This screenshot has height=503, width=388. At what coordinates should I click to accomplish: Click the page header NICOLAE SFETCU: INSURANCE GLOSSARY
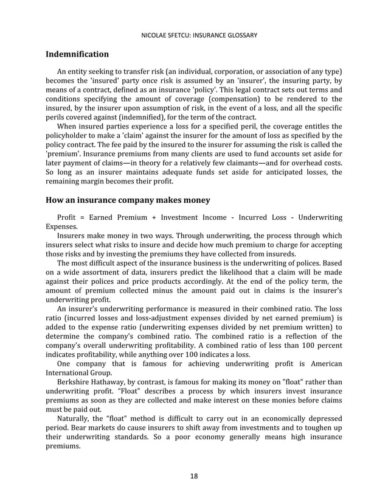194,35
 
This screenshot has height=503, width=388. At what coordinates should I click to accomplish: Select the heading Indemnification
77,54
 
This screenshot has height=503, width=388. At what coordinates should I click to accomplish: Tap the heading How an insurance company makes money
128,200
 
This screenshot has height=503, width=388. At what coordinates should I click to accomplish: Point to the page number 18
194,476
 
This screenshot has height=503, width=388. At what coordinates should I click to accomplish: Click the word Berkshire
75,381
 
